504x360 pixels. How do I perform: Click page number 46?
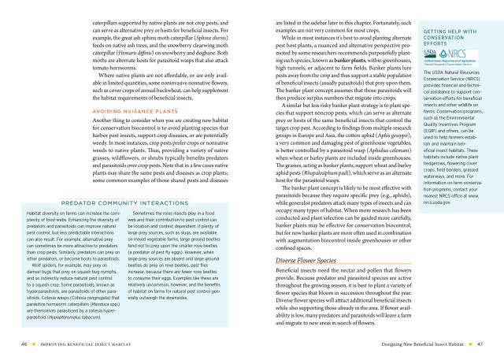[24, 343]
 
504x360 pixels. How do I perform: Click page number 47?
[479, 343]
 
